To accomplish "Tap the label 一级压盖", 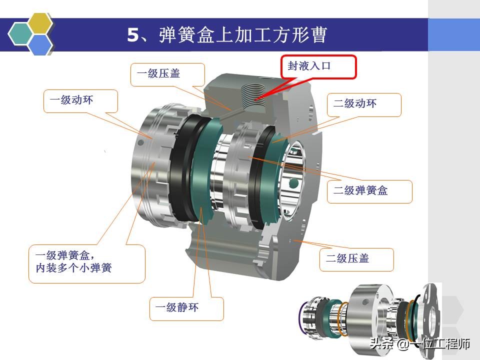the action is pos(158,73).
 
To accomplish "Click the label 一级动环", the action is pos(71,100).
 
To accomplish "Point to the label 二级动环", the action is pos(355,103).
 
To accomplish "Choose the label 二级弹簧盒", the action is pos(360,190).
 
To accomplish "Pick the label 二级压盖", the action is pos(347,258).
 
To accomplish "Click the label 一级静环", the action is pos(177,307).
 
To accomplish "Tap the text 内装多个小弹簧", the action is pos(74,268).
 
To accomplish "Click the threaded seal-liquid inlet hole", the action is pos(253,92).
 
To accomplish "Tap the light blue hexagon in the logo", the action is pos(40,44).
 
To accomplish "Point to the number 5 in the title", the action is pos(133,35).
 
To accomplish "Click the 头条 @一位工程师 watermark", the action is pos(420,344).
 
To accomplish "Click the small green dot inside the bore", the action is pos(293,183).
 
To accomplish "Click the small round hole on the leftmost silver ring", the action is pos(140,142).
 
